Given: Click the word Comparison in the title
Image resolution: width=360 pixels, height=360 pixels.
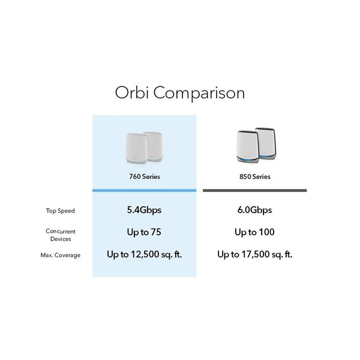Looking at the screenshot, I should coord(199,94).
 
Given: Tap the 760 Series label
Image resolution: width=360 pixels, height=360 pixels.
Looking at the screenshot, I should coord(145,176).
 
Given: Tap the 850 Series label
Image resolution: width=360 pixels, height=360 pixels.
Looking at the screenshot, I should coord(255,176).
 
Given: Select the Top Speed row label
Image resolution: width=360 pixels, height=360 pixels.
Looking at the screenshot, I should coord(60,211).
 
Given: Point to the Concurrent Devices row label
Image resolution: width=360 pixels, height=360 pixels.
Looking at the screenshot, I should coord(61,235).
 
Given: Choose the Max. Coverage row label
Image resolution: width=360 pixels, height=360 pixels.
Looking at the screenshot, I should coord(61,255).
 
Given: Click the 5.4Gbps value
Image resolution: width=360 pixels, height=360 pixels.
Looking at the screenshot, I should coord(145,210).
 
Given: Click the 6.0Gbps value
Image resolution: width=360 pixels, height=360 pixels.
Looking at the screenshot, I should coord(255,210).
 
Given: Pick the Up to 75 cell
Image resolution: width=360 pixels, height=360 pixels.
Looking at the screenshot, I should coord(145,232).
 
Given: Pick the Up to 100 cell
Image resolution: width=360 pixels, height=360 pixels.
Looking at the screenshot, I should coord(255,232).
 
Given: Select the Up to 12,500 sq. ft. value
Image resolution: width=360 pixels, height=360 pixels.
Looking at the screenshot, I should coord(145,254).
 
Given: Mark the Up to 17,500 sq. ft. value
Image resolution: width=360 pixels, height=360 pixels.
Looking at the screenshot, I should coord(255,254).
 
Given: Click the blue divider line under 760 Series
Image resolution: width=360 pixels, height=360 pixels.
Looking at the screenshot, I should coord(145,190).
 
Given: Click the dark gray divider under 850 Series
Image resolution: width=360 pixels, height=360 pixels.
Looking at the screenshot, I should coord(255,190).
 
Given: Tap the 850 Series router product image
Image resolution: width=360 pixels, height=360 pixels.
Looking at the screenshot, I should coord(254,145).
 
